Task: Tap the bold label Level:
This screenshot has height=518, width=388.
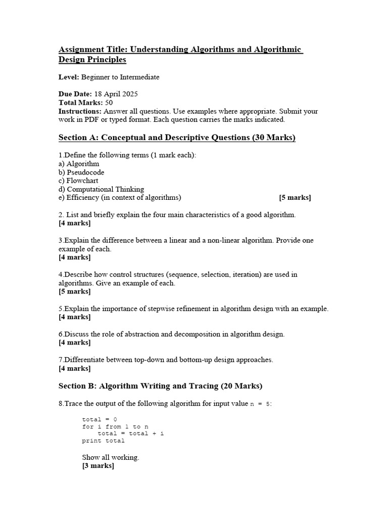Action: tap(69, 77)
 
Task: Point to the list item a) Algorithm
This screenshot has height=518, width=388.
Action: tap(79, 163)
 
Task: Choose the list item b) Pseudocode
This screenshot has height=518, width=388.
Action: tap(81, 172)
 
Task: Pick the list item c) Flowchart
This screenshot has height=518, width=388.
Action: tap(78, 181)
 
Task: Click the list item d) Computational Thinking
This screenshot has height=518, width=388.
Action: tap(101, 189)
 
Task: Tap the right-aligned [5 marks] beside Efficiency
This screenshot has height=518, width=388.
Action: tap(295, 198)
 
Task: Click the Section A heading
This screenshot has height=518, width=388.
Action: tap(177, 138)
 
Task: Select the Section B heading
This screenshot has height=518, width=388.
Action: tap(160, 386)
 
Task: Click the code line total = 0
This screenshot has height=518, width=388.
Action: tap(100, 419)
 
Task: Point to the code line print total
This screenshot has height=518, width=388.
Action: tap(103, 441)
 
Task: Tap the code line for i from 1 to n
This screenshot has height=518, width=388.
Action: tap(115, 426)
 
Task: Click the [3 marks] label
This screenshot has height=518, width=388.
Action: tap(98, 466)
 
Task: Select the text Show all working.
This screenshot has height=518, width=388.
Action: tap(111, 457)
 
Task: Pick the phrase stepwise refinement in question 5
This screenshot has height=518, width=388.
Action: tap(154, 309)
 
